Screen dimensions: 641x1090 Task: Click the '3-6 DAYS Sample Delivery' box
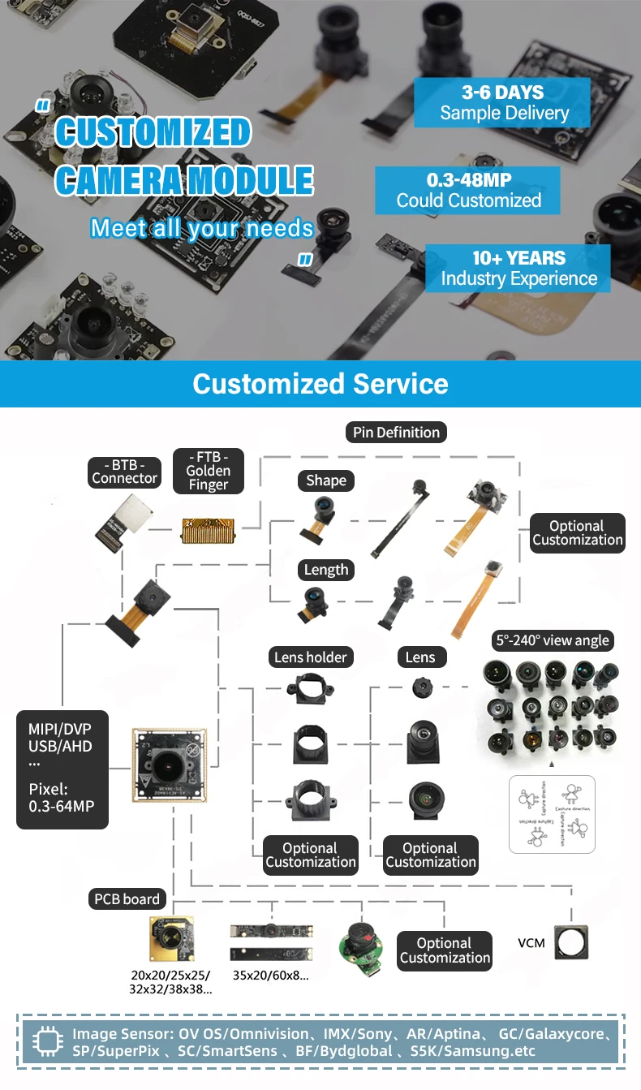(503, 102)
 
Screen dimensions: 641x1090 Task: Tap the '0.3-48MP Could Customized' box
(468, 190)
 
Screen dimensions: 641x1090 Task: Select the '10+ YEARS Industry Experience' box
(518, 269)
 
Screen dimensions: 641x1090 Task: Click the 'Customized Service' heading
(320, 384)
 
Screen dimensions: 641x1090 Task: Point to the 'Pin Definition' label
(396, 433)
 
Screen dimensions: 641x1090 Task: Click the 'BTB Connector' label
(124, 471)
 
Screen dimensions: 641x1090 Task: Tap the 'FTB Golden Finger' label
(208, 471)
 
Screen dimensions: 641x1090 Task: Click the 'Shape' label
(326, 480)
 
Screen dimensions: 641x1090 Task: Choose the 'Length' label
(326, 570)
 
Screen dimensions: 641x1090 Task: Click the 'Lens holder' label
(310, 657)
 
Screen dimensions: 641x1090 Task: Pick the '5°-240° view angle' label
(553, 640)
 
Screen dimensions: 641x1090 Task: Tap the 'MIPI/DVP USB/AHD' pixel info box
(62, 770)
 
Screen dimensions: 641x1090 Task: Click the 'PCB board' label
(127, 899)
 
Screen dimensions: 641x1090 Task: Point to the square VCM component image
(570, 942)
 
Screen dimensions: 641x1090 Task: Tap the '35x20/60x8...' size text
(270, 976)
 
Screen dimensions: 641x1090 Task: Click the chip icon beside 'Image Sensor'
(47, 1043)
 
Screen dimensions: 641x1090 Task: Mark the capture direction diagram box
(552, 814)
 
